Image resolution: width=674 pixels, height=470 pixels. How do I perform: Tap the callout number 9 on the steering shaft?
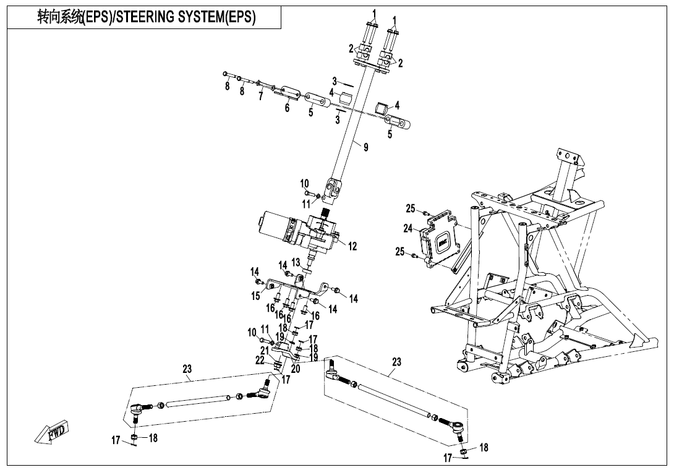365,147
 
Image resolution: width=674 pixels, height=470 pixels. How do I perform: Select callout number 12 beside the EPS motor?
352,246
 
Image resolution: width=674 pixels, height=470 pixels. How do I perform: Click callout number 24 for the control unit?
407,228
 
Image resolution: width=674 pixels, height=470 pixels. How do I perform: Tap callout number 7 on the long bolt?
261,96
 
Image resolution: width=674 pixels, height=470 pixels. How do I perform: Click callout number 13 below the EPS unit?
296,262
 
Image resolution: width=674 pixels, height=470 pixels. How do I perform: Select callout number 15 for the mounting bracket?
255,296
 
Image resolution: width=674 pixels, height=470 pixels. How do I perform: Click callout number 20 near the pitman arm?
295,369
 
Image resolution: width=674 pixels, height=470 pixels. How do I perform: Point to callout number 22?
260,360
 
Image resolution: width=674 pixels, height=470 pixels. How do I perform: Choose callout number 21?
264,351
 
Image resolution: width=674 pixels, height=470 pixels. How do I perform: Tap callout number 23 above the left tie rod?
187,369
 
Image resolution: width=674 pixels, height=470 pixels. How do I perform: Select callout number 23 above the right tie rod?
396,362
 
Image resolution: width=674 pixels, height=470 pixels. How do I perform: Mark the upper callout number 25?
411,208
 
